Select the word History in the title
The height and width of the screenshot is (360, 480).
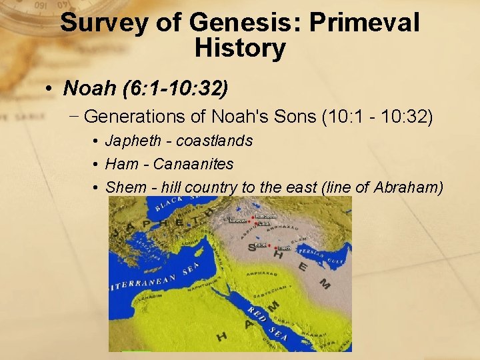tap(240, 48)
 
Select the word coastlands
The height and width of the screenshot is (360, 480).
tap(215, 141)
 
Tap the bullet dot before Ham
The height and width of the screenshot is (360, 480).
tap(97, 165)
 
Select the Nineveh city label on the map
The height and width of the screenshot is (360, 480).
tap(237, 220)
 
